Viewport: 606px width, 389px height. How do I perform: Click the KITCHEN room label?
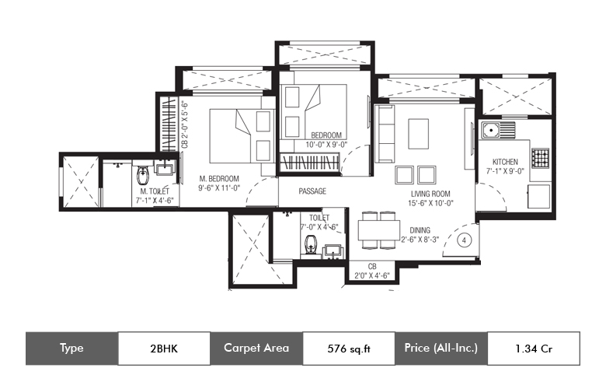pos(505,162)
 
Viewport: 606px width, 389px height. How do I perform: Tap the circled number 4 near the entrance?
pos(464,240)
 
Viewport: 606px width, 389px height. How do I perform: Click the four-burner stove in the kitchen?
pos(540,158)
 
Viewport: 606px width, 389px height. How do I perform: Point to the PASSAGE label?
pos(312,191)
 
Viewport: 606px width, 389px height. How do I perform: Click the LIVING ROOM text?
pos(430,194)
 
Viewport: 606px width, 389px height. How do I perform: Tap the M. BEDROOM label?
pos(219,179)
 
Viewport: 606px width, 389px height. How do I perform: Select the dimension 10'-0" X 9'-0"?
pos(326,145)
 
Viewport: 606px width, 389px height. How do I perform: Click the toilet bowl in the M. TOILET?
pos(143,175)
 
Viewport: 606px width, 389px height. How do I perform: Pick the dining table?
pos(379,230)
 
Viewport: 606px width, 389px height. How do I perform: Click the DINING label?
pos(420,230)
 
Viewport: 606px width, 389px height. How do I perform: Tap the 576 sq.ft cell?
pos(349,349)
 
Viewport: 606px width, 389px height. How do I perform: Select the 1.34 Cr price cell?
pos(534,349)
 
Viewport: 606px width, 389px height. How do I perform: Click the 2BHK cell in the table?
pos(164,349)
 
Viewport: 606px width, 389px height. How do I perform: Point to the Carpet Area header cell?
pos(256,348)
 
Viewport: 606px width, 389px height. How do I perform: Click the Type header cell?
pos(72,348)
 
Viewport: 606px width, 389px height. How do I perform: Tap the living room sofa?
pos(385,134)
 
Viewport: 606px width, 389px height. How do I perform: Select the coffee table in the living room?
pos(419,134)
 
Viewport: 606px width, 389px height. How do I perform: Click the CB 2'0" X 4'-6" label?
pos(372,271)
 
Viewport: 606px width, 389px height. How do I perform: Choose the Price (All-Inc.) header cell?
pos(441,348)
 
